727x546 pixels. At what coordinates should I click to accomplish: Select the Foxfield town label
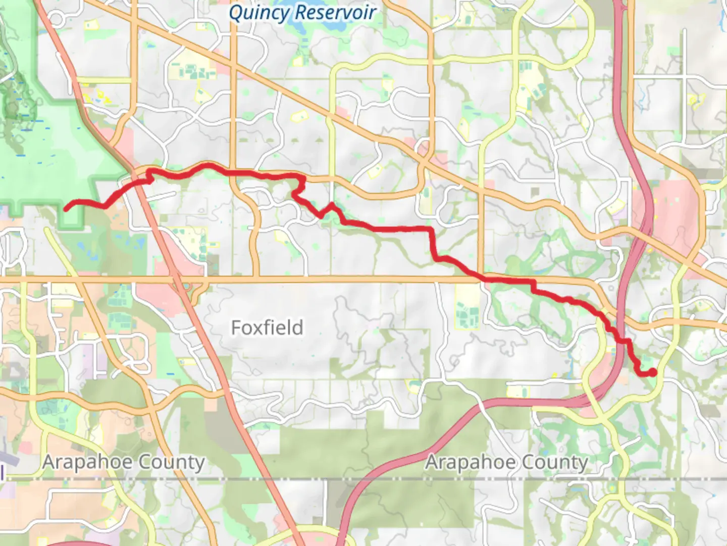(267, 328)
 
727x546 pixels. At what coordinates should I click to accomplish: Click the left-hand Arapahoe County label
(123, 462)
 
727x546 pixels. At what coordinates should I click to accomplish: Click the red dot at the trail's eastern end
(652, 373)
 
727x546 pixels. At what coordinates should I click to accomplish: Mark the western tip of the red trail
(66, 208)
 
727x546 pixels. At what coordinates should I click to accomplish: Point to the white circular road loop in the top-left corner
(56, 19)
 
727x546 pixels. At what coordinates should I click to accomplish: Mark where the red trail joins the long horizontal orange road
(485, 278)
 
